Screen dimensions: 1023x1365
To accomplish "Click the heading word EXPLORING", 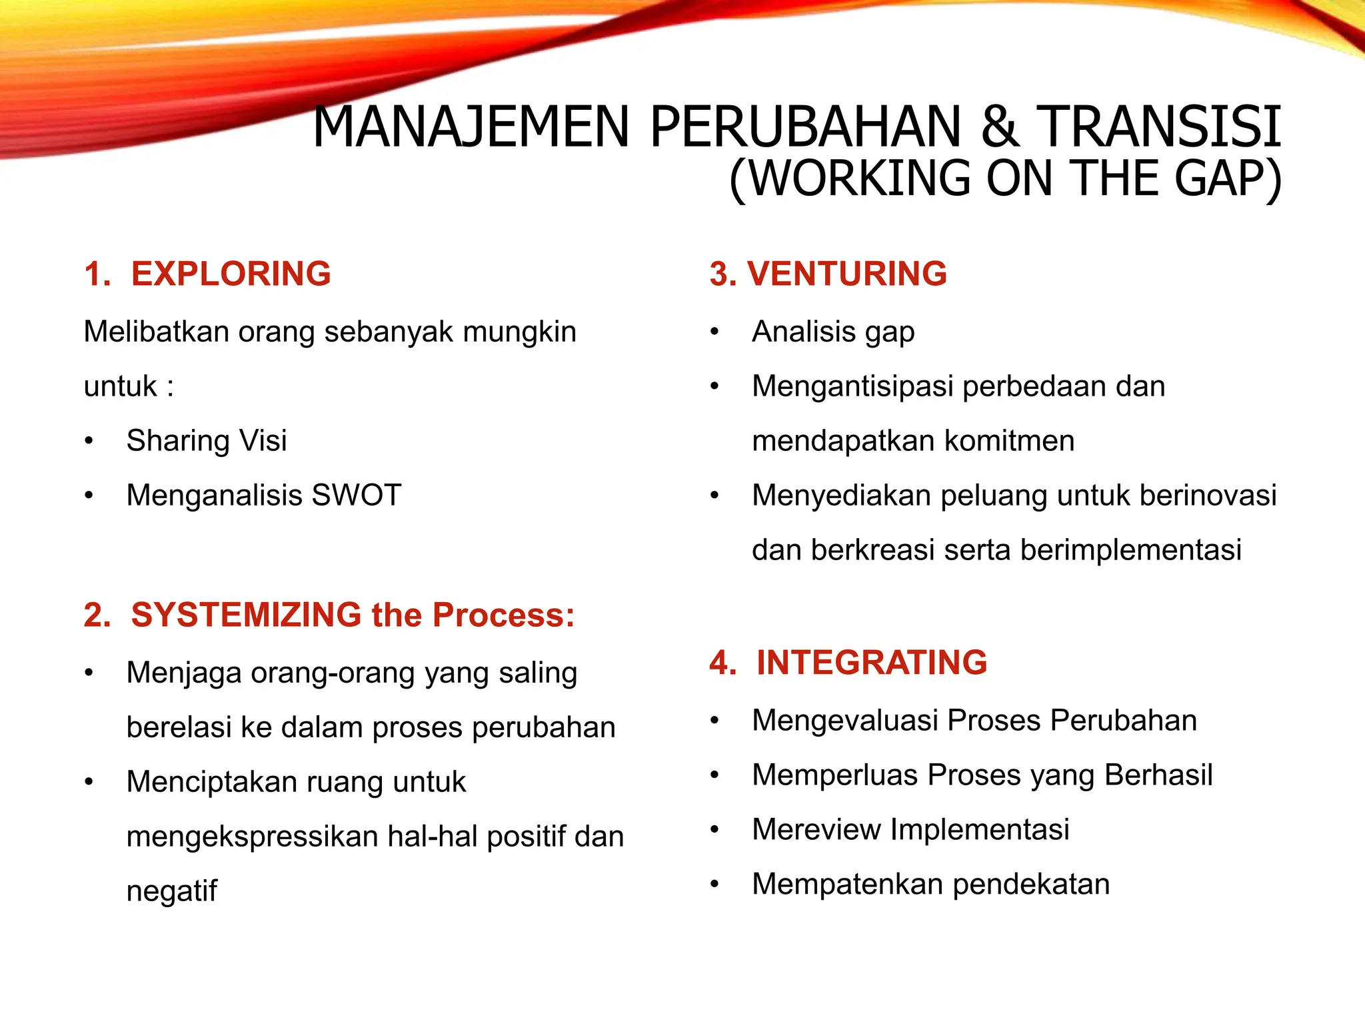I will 231,274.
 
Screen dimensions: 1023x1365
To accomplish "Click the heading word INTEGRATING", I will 872,663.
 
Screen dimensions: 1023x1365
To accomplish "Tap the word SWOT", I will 357,496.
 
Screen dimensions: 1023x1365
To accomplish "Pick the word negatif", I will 171,891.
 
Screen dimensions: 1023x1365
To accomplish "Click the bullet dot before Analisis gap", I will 714,332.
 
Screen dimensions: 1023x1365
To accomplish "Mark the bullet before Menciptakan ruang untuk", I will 89,782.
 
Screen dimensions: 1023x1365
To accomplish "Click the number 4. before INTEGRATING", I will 722,663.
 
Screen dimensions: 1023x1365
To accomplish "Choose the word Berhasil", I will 1158,775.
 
